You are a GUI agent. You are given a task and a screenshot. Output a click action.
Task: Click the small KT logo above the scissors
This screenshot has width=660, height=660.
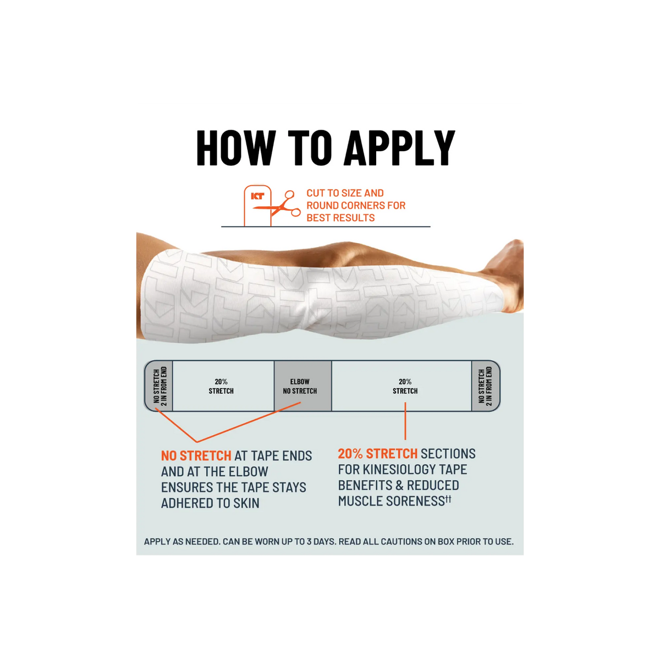click(257, 196)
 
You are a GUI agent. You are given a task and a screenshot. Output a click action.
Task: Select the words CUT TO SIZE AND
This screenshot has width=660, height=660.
click(345, 193)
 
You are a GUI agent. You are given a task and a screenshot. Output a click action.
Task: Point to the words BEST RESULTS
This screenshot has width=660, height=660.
click(340, 218)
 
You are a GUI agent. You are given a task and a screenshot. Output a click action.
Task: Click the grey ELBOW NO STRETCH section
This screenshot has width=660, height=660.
click(302, 386)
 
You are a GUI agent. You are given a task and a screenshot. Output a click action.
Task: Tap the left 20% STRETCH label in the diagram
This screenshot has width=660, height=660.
click(221, 386)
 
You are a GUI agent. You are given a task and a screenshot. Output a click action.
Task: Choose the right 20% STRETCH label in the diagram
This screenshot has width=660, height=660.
click(405, 386)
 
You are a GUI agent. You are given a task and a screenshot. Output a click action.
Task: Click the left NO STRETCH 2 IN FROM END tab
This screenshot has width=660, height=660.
click(159, 386)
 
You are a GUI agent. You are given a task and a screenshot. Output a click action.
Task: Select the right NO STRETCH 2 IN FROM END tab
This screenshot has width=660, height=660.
click(486, 386)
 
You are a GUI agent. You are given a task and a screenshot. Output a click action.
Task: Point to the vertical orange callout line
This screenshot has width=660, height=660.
click(405, 421)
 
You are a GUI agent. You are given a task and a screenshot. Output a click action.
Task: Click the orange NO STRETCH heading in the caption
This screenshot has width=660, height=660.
click(196, 456)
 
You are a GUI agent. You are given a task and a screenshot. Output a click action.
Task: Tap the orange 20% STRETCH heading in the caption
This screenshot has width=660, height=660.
click(378, 453)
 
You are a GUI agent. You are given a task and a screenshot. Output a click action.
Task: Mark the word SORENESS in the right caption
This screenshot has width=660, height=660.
click(415, 501)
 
